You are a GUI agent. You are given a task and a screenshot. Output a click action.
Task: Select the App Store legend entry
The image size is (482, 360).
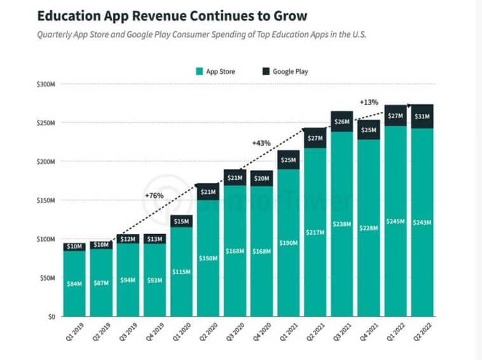click(x=216, y=71)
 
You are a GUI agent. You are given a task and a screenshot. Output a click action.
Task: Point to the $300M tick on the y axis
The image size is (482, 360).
click(x=46, y=84)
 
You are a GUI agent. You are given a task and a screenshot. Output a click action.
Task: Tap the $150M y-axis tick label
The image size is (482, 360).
click(x=46, y=200)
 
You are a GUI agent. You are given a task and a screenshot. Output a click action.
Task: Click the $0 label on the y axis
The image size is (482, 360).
click(x=52, y=316)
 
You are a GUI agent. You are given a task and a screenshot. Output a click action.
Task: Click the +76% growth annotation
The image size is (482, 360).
click(x=154, y=195)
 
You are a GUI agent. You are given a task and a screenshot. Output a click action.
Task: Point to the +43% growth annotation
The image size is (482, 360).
click(x=261, y=143)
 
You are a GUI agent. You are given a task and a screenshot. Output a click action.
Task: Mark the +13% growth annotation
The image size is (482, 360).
click(x=369, y=102)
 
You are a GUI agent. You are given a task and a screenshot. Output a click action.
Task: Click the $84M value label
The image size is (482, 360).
click(x=74, y=284)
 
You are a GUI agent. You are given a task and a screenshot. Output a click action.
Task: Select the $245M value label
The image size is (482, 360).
click(x=396, y=221)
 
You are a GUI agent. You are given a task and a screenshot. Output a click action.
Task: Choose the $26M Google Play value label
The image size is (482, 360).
click(x=342, y=121)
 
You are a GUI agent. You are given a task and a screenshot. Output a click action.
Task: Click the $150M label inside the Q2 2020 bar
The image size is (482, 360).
click(x=208, y=258)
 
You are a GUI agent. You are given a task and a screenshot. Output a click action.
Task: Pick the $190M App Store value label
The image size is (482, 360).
click(x=288, y=243)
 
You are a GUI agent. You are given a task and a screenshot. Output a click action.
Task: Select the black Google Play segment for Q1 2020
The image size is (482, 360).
click(x=181, y=221)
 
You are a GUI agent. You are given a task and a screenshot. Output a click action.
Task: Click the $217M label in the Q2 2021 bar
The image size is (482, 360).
click(x=315, y=232)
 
